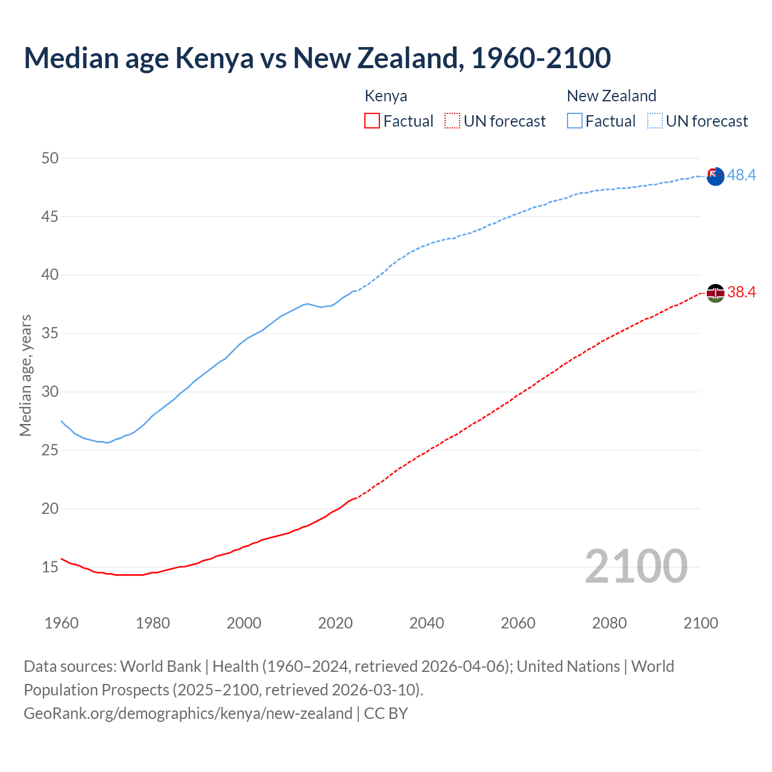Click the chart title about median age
click(x=317, y=58)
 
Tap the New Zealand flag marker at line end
click(x=715, y=177)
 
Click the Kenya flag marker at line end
click(x=715, y=293)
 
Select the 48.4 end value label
click(x=741, y=175)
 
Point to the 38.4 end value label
click(x=741, y=293)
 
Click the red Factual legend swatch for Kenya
click(x=372, y=121)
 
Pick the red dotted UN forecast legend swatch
click(x=452, y=121)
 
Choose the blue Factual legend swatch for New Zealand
click(x=575, y=121)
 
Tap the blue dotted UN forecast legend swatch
click(x=655, y=121)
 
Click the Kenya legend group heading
click(x=386, y=96)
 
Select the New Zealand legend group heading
click(x=612, y=96)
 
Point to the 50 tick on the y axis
click(x=50, y=158)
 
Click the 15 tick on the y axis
click(x=50, y=567)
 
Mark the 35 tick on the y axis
click(x=50, y=333)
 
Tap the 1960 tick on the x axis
click(x=62, y=623)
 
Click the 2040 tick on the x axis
click(x=426, y=623)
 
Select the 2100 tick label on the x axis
click(x=701, y=623)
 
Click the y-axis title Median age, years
click(x=25, y=375)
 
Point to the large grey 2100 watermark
click(x=636, y=566)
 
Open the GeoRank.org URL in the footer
click(x=188, y=713)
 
